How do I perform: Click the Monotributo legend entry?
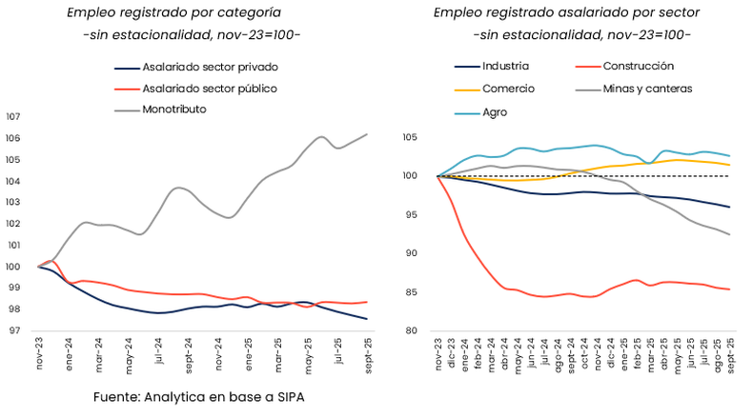pyautogui.click(x=173, y=110)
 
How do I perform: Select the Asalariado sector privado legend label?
pyautogui.click(x=209, y=68)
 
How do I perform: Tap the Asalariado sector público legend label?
pyautogui.click(x=210, y=89)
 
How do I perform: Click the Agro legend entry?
pyautogui.click(x=495, y=111)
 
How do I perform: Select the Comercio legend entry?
pyautogui.click(x=508, y=89)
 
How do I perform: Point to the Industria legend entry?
pyautogui.click(x=505, y=67)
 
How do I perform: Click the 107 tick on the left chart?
pyautogui.click(x=13, y=117)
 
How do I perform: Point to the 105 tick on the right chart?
pyautogui.click(x=411, y=137)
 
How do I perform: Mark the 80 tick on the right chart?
pyautogui.click(x=414, y=330)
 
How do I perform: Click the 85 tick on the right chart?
pyautogui.click(x=414, y=292)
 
